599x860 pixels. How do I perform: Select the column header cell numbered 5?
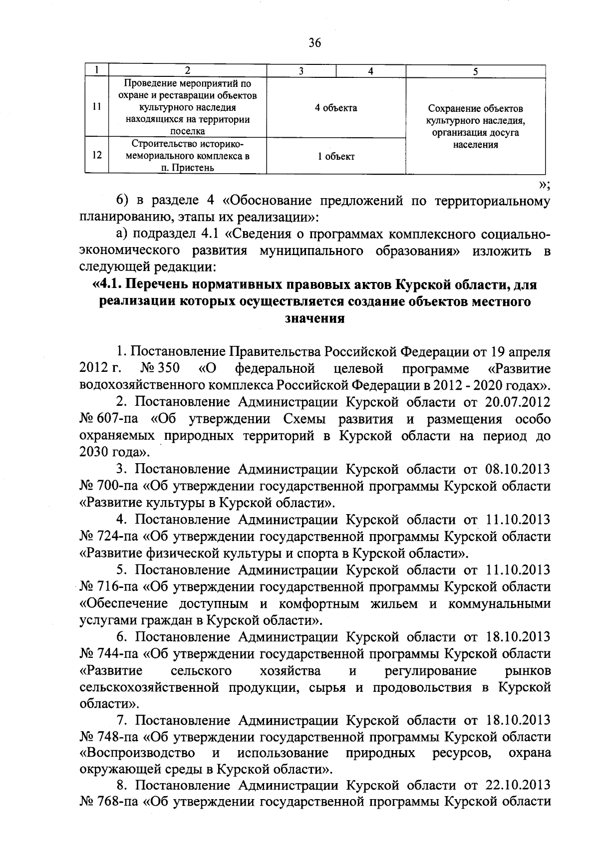coord(475,71)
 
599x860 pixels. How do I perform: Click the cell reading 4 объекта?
coord(336,108)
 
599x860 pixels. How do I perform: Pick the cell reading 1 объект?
coord(336,156)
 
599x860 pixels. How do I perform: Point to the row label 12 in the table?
coord(97,155)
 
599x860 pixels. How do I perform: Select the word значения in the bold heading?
coord(314,318)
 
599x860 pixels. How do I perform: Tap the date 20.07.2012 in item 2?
coord(518,402)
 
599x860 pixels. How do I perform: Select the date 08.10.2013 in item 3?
coord(518,469)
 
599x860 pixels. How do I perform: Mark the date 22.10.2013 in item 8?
coord(518,785)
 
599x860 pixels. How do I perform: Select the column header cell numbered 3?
coord(301,71)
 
